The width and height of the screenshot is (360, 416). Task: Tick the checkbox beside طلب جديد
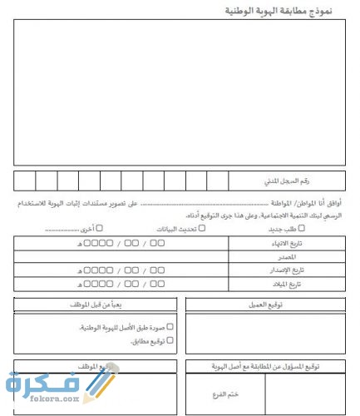(302, 227)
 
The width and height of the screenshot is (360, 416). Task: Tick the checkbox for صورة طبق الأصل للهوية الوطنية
(170, 327)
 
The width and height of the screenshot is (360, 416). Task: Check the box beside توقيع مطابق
(170, 340)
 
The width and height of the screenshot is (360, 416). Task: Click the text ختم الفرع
(226, 393)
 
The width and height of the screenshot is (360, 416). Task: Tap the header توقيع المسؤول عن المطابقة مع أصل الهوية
(266, 366)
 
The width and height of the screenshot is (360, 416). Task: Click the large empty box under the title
(180, 92)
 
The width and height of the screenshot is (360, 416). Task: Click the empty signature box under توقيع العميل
(268, 333)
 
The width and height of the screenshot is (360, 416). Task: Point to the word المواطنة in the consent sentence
(285, 202)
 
